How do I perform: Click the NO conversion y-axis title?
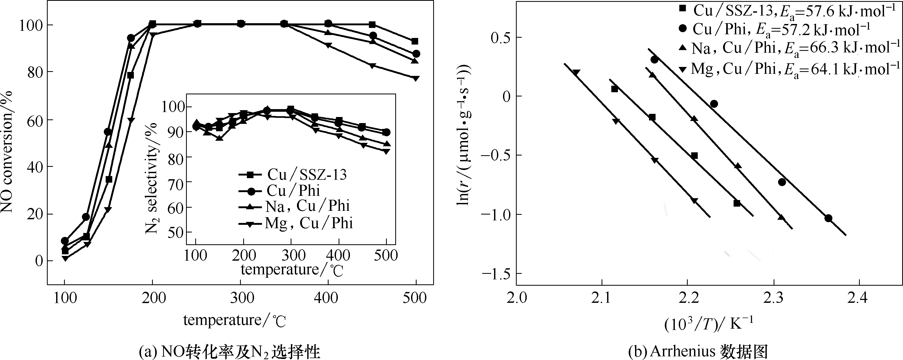click(7, 152)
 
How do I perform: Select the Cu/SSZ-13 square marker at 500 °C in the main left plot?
click(415, 41)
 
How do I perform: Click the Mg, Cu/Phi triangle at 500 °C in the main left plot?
click(416, 78)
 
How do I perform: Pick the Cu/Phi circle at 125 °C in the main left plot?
click(86, 217)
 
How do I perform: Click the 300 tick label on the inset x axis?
click(291, 255)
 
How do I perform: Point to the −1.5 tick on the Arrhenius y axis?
click(497, 273)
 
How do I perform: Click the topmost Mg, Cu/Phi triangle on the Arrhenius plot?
click(576, 72)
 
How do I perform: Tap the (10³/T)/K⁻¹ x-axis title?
click(708, 324)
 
